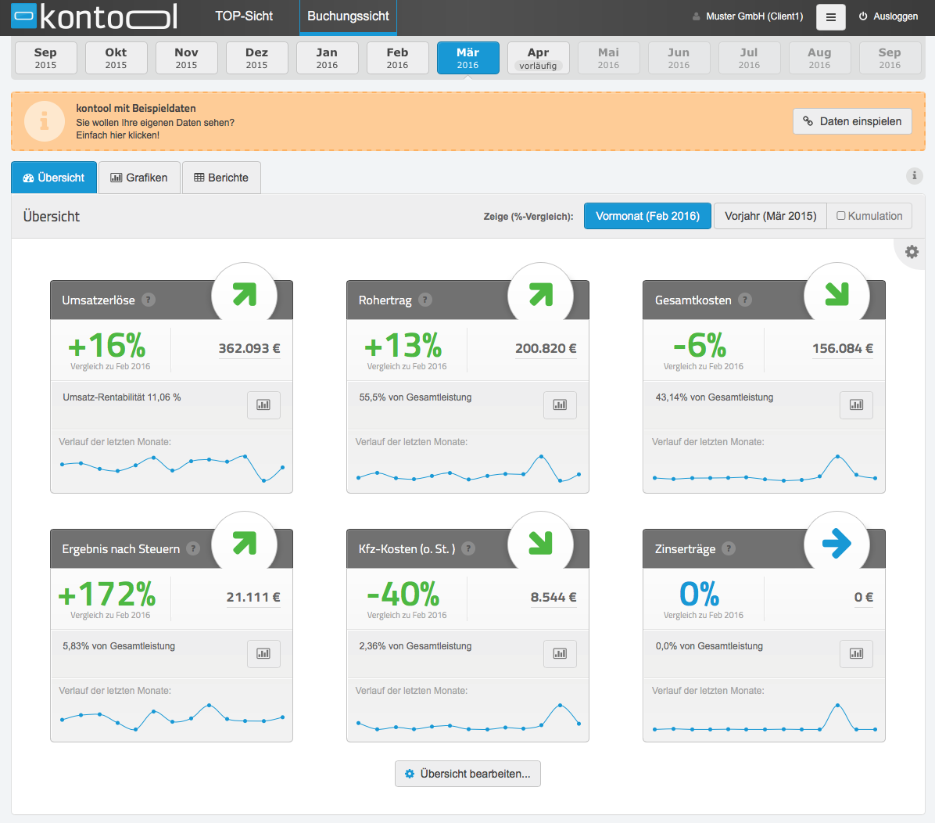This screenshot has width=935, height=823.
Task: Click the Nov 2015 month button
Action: [x=186, y=58]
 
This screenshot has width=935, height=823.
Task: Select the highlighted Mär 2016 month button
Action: [x=467, y=58]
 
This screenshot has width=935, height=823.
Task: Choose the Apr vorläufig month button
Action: [x=538, y=58]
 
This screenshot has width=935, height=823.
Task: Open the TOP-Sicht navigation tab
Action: [x=244, y=16]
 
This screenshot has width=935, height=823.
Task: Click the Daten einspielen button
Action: [x=852, y=121]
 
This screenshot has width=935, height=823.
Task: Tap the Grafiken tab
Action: [x=139, y=178]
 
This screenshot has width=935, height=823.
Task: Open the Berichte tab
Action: [x=221, y=178]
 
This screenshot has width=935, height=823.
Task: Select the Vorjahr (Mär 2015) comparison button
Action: [x=770, y=216]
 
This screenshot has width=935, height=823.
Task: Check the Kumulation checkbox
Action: [x=840, y=215]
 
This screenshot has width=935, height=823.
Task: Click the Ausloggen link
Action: [x=888, y=16]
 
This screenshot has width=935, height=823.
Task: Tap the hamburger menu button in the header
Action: [x=831, y=17]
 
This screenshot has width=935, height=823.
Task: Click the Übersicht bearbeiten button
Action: [x=467, y=774]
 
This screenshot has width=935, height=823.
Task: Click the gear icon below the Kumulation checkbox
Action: [x=912, y=252]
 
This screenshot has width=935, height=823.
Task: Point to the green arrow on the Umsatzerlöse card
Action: [x=245, y=294]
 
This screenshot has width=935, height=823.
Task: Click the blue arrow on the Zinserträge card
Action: [x=836, y=543]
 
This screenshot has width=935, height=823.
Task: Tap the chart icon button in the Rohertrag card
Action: [x=560, y=404]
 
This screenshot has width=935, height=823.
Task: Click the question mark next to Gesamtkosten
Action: [x=745, y=300]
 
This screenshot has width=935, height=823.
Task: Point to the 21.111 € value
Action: [x=253, y=597]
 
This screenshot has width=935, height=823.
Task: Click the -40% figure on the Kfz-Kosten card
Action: [x=403, y=594]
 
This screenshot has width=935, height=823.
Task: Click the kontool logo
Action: [x=95, y=16]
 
